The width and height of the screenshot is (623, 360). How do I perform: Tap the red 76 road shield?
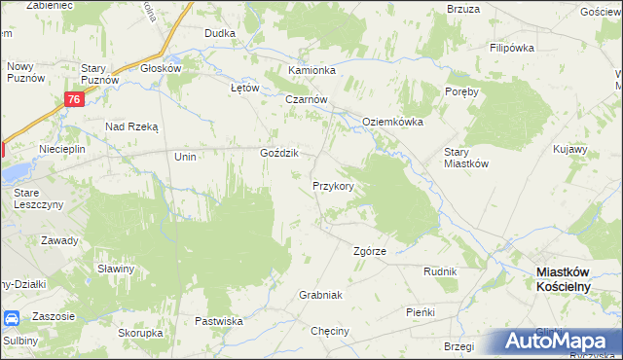(x=75, y=99)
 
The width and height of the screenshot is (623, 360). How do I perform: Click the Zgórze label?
(x=370, y=251)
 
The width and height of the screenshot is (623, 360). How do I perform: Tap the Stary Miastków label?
(x=465, y=158)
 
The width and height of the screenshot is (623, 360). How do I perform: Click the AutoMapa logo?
(x=555, y=342)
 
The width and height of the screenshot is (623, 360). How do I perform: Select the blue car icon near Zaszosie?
(x=12, y=318)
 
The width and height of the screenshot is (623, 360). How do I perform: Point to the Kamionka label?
(x=311, y=71)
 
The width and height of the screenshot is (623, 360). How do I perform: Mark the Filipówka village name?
(x=515, y=47)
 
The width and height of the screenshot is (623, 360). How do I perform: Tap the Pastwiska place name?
(x=218, y=320)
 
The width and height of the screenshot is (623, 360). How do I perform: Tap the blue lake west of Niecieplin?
(x=14, y=174)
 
